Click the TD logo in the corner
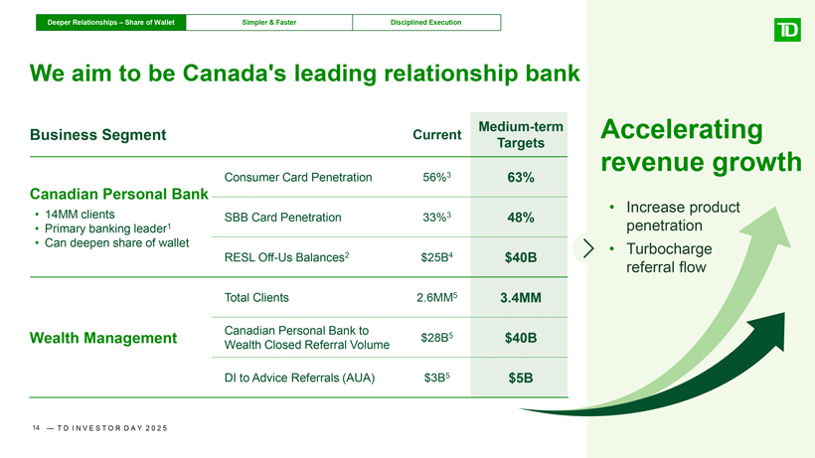click(787, 30)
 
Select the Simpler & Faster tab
click(269, 22)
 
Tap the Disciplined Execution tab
click(426, 22)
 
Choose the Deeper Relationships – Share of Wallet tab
click(110, 22)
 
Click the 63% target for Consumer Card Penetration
click(520, 178)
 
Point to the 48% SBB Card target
click(520, 218)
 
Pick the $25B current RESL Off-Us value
click(436, 257)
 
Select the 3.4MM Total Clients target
click(520, 297)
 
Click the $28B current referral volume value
click(436, 338)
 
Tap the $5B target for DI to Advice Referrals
click(520, 379)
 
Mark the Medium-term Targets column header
click(520, 134)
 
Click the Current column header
click(436, 135)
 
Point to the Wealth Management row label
click(103, 338)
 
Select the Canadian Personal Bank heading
click(118, 194)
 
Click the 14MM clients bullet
click(80, 215)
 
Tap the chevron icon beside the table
click(587, 248)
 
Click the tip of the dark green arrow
click(783, 313)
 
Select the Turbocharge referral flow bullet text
click(669, 258)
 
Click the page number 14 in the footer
click(36, 428)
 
